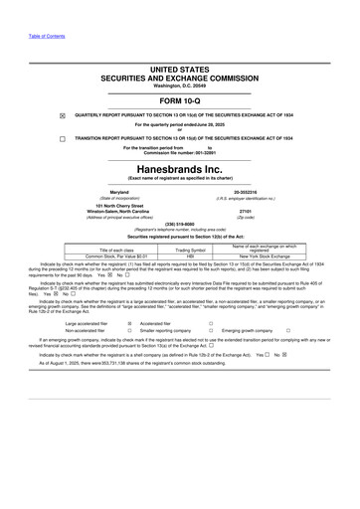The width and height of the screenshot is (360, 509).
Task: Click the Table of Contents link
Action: coord(47,36)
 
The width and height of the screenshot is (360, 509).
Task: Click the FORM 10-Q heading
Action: coord(180,102)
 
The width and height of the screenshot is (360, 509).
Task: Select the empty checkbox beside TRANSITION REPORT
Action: coord(62,139)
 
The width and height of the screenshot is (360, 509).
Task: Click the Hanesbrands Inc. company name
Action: coord(180,169)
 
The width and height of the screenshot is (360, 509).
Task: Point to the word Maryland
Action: coord(119,192)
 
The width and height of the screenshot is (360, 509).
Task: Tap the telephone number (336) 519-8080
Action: coord(180,225)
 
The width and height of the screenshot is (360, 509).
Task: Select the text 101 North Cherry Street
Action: coord(119,205)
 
